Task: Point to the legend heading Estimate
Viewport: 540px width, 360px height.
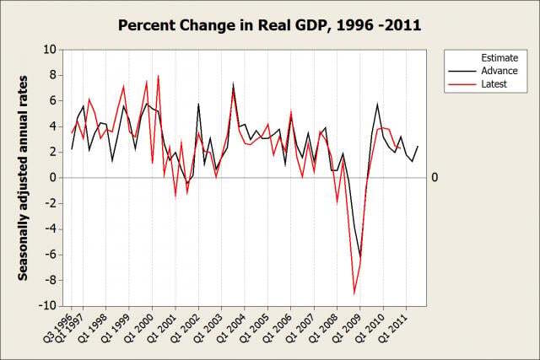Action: click(x=499, y=57)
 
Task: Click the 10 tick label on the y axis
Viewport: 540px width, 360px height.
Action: click(x=49, y=50)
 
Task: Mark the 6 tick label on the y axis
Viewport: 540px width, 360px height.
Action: click(x=52, y=101)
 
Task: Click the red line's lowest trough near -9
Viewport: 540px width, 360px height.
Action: click(x=355, y=293)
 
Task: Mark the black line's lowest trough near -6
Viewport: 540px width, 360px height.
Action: click(x=361, y=256)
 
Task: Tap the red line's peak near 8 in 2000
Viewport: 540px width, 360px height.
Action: click(x=158, y=76)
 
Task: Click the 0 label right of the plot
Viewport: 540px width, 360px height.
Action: click(x=435, y=178)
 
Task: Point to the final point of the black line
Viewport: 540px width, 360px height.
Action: click(x=417, y=147)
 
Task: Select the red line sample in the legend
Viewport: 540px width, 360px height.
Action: click(x=459, y=84)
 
